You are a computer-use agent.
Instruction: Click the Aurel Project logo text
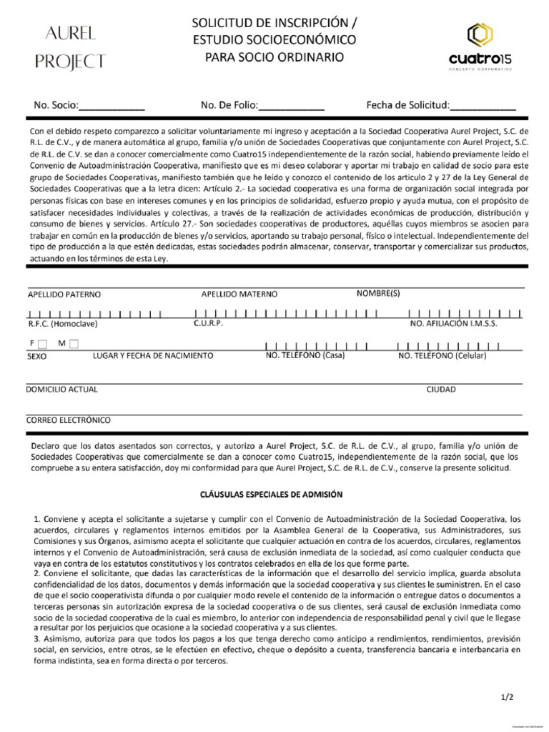70,47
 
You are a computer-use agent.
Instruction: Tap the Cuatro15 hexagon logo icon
479,35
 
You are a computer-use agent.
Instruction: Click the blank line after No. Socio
112,107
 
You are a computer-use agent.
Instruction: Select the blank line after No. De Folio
292,107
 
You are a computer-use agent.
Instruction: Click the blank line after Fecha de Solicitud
483,107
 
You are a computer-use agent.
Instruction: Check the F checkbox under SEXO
43,344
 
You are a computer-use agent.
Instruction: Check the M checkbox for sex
74,344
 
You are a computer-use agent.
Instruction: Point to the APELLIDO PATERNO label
64,294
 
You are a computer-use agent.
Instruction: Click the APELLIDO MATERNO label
239,294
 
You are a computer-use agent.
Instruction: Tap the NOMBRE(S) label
378,293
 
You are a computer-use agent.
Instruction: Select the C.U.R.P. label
208,323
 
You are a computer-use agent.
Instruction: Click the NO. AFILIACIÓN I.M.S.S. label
453,324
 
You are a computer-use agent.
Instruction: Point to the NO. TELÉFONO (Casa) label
305,355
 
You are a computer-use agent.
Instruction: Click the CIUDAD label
441,390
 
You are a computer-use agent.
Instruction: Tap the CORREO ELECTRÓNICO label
69,420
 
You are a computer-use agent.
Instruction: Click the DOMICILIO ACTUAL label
62,390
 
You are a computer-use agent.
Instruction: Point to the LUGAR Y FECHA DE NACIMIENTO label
153,355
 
